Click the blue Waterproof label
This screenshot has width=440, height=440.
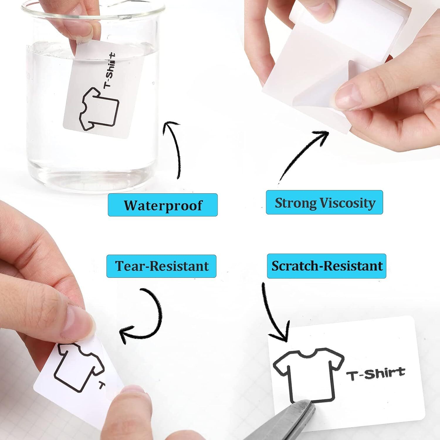tap(163, 205)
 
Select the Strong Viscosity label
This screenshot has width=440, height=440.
tap(324, 202)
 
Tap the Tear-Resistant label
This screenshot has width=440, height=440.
tap(161, 266)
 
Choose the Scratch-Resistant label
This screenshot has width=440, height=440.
tap(326, 266)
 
